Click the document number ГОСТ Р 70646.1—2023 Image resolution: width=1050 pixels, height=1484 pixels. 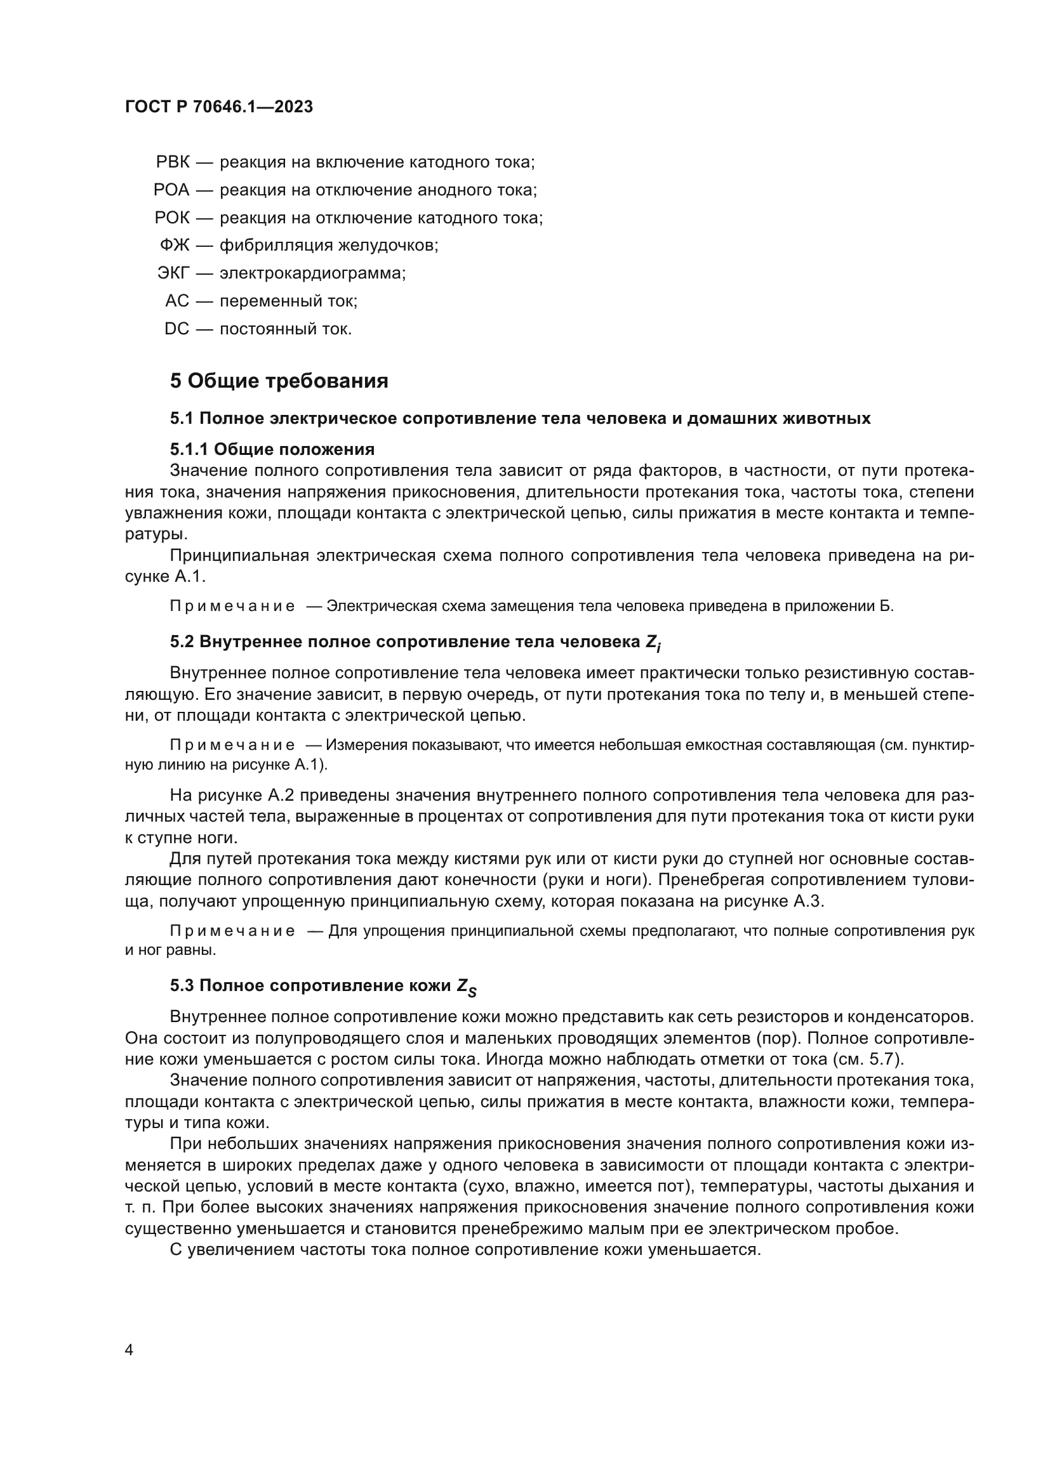pyautogui.click(x=218, y=107)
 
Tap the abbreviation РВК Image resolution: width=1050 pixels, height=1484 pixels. pyautogui.click(x=173, y=162)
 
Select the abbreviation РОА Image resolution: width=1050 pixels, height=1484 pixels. pyautogui.click(x=171, y=190)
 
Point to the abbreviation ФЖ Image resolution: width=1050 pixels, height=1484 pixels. pyautogui.click(x=175, y=246)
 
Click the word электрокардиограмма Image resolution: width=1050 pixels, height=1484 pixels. pyautogui.click(x=312, y=273)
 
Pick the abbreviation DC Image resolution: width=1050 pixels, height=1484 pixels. pyautogui.click(x=176, y=329)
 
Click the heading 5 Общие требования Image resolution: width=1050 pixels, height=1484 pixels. pyautogui.click(x=279, y=381)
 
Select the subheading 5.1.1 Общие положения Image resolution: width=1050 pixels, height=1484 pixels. pyautogui.click(x=272, y=449)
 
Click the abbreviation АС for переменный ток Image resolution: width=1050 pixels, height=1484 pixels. pyautogui.click(x=177, y=301)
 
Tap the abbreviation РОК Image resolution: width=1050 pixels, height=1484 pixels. pyautogui.click(x=172, y=218)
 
